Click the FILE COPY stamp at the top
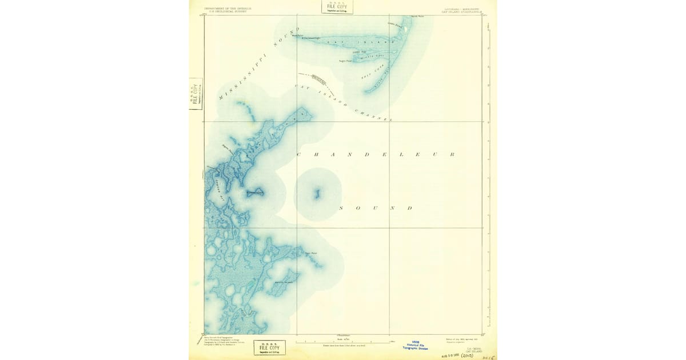point(337,7)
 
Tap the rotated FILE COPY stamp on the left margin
point(196,94)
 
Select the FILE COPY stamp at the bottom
point(269,347)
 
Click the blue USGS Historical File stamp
point(416,345)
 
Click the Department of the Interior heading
point(227,10)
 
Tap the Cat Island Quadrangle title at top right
point(462,10)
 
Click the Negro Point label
point(345,60)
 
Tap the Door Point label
point(310,253)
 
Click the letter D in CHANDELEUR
point(366,155)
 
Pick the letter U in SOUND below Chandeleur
point(375,208)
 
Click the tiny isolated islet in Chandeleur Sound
point(317,194)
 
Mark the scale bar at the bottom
point(343,342)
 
